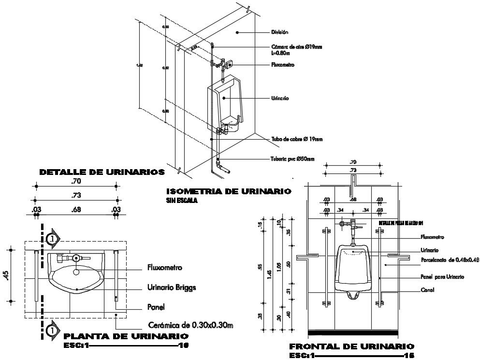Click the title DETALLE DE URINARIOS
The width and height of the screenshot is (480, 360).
point(102,172)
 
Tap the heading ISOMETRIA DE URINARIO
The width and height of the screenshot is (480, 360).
point(228,192)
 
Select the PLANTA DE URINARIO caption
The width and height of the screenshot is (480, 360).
point(126,336)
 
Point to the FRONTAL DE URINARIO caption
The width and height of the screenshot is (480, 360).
point(351,346)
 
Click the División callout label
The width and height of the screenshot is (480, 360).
point(280,32)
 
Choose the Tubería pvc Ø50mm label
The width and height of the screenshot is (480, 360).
point(293,158)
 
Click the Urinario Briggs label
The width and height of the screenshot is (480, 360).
point(172,288)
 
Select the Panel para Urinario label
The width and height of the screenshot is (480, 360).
point(442,277)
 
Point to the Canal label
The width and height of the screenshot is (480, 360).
point(427,290)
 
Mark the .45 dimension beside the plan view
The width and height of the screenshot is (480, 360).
point(6,274)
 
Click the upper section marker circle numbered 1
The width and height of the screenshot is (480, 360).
point(51,238)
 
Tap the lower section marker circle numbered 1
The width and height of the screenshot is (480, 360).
point(51,331)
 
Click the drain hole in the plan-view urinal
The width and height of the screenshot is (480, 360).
point(76,271)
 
